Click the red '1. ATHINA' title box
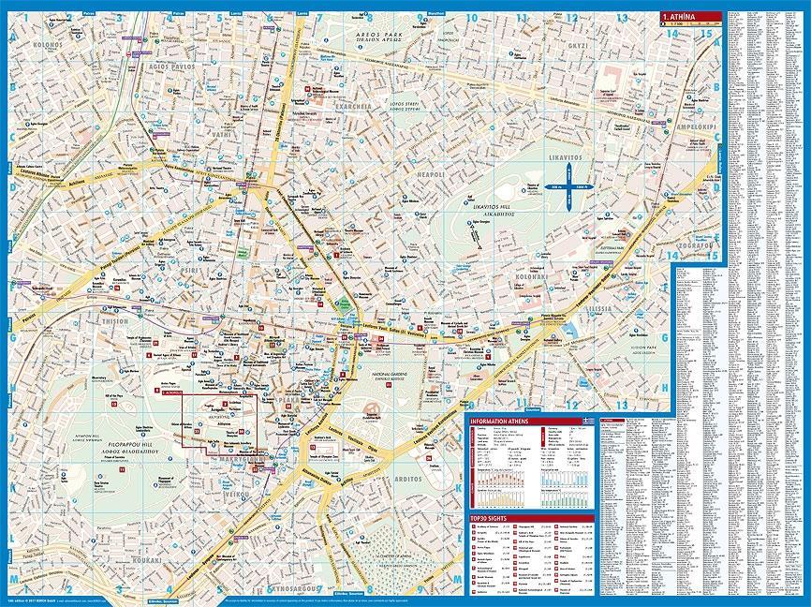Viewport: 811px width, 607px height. coord(691,15)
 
